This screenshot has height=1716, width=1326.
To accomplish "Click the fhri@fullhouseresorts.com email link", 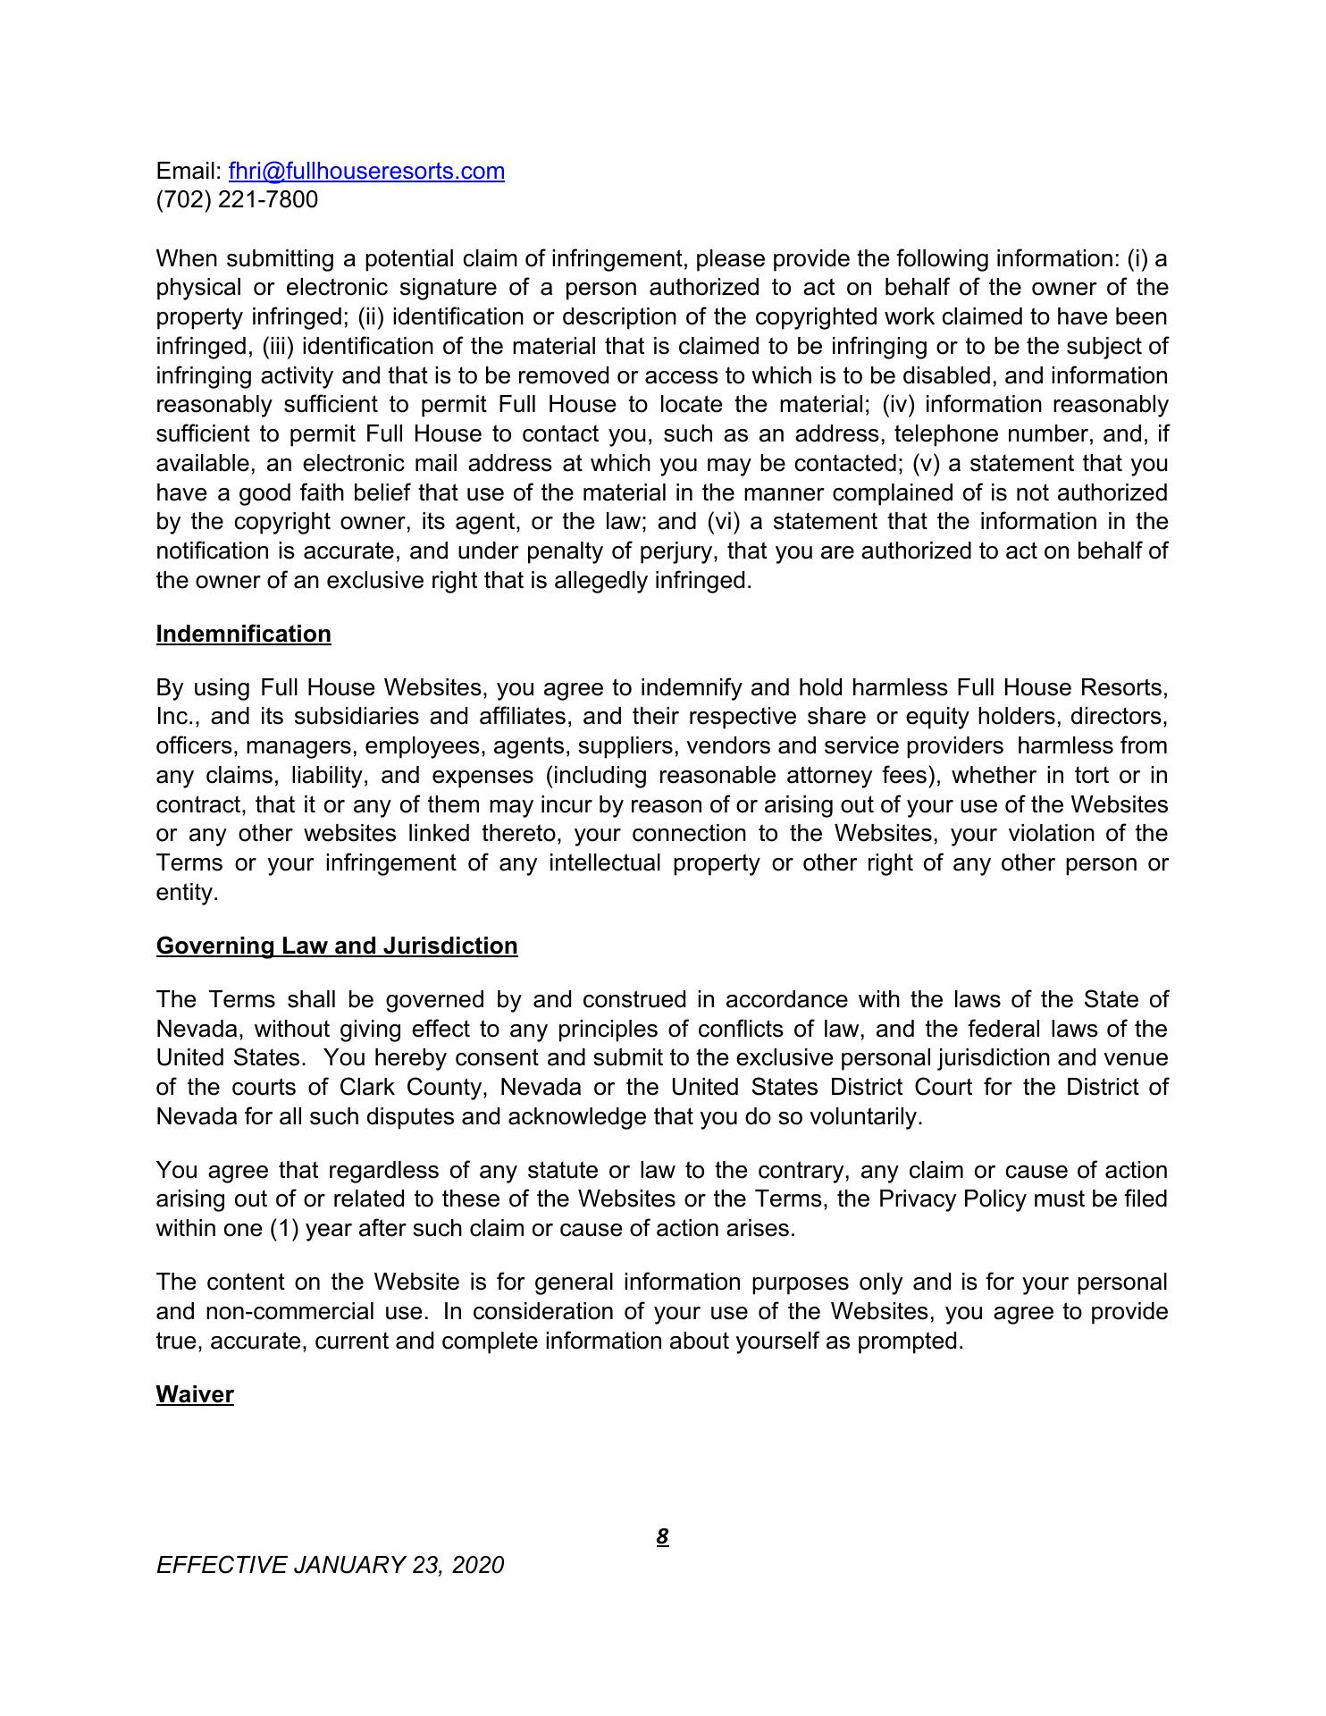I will [x=366, y=171].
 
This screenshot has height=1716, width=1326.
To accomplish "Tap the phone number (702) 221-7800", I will [x=237, y=199].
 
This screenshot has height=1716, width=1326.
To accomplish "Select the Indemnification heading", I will [x=243, y=634].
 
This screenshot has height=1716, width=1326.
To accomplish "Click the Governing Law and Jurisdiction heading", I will [x=337, y=946].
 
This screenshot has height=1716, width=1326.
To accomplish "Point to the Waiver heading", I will [x=195, y=1394].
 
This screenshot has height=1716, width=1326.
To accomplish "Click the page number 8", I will [x=662, y=1536].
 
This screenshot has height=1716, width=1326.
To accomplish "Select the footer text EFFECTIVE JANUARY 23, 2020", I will [x=330, y=1565].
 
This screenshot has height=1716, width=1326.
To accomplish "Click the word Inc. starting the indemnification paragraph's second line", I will [x=176, y=717].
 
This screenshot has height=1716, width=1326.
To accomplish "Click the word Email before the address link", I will [x=186, y=171].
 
